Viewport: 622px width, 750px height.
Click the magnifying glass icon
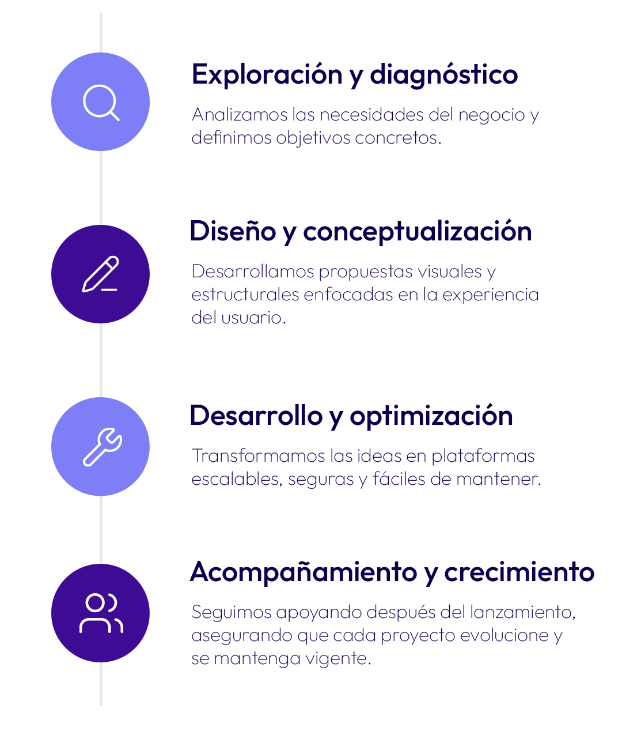(101, 102)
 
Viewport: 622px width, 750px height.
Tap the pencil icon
(100, 274)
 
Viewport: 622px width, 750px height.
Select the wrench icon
(102, 447)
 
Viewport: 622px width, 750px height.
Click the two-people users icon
(101, 613)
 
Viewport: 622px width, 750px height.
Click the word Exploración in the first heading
(267, 74)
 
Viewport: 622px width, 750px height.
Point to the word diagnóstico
(443, 74)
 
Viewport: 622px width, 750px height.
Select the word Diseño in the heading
(233, 231)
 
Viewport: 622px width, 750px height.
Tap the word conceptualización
(418, 232)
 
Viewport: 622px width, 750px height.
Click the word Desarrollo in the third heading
(256, 416)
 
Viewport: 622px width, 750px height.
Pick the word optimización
(431, 416)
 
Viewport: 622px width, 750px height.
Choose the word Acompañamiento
(304, 572)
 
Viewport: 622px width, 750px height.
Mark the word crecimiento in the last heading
(519, 572)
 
